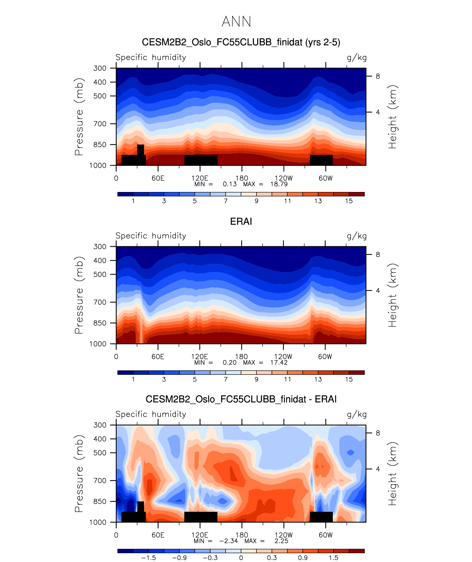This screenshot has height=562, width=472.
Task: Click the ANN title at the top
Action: (236, 22)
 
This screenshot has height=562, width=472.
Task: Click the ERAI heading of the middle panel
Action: (241, 221)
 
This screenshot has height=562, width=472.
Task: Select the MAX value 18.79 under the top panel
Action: (279, 184)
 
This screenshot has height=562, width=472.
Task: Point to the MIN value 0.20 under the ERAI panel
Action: (230, 363)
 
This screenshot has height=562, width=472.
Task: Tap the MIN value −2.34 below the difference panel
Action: (228, 541)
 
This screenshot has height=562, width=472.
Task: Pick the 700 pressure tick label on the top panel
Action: (100, 124)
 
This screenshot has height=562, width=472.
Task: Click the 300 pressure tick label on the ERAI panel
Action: (100, 247)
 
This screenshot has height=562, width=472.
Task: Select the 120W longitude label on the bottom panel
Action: (284, 535)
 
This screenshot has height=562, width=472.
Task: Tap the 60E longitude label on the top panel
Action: (158, 178)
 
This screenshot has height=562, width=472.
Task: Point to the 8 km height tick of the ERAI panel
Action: (378, 255)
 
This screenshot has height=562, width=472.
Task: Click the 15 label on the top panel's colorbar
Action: (349, 201)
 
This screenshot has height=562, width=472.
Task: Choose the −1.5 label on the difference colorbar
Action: (148, 558)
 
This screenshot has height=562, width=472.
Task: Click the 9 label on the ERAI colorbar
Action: (256, 380)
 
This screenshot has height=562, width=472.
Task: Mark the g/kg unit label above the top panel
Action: (357, 58)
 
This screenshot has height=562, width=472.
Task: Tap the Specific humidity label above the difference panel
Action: (151, 414)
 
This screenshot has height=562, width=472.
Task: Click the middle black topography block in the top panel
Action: (201, 160)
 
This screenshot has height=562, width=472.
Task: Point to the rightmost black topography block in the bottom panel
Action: (321, 517)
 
